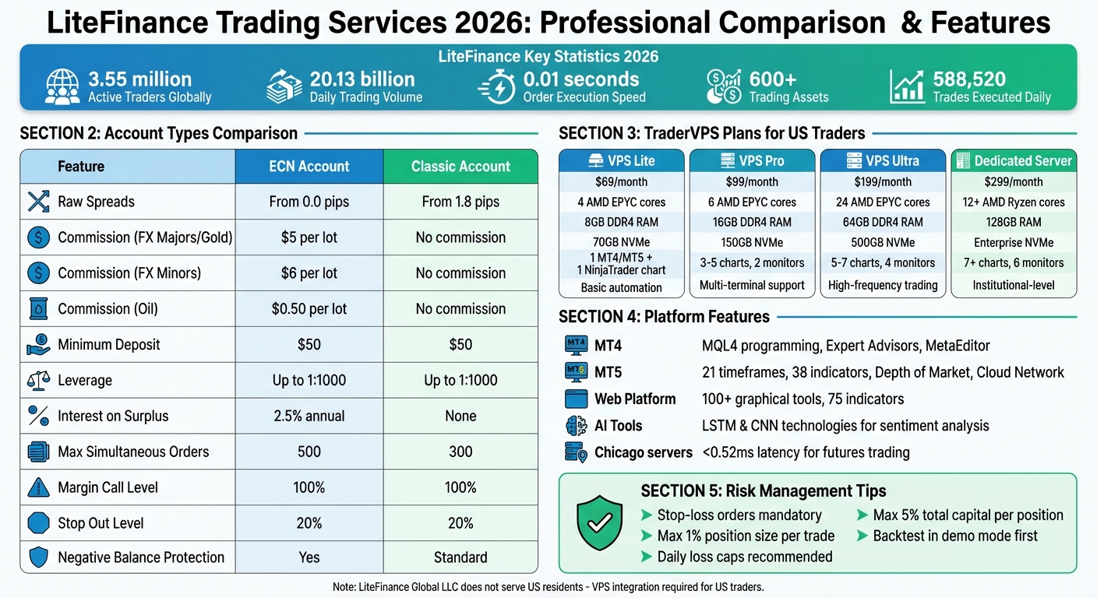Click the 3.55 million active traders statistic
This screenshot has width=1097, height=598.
point(139,79)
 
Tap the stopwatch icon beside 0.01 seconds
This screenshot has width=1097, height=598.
point(496,86)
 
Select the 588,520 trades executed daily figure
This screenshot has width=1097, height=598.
point(969,79)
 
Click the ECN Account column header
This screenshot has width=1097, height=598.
point(309,167)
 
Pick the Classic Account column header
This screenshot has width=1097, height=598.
point(460,167)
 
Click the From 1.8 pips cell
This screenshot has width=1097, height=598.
point(460,202)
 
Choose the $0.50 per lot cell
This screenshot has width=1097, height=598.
point(309,309)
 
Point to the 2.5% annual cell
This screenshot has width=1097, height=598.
point(309,416)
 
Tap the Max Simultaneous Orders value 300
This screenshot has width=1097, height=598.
point(460,452)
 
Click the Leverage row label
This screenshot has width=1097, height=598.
point(85,381)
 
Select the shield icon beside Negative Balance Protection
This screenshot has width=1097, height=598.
point(38,558)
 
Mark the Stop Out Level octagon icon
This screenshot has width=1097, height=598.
point(38,522)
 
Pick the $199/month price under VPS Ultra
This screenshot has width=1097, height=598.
point(883,181)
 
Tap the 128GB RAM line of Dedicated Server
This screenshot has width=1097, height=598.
point(1014,223)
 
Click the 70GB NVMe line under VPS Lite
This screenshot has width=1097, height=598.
point(622,243)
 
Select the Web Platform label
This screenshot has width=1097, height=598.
point(635,399)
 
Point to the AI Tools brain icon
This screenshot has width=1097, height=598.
point(575,426)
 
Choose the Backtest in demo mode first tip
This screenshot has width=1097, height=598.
point(955,536)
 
